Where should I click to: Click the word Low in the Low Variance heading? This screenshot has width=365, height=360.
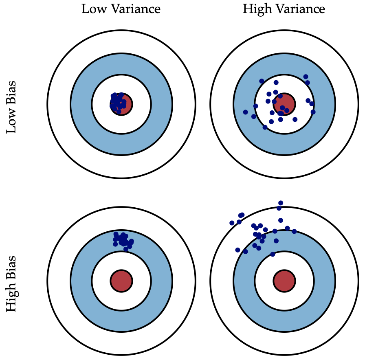coord(92,9)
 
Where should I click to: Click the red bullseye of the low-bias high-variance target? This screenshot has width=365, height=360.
coord(284,104)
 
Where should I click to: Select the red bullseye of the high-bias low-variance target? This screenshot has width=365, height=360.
coord(121,281)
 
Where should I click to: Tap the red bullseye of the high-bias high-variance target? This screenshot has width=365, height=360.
coord(284,281)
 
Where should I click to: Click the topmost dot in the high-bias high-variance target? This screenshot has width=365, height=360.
coord(280,203)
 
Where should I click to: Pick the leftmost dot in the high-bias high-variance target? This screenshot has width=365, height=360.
coord(232,223)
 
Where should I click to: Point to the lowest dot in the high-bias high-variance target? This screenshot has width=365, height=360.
coord(273,254)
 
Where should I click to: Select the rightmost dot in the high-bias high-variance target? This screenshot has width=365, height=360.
coord(294,231)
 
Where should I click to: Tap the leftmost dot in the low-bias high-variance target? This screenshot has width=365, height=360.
coord(245,112)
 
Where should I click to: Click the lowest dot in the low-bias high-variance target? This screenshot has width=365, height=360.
coord(265,127)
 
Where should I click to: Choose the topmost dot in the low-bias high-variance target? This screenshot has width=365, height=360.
coord(306,77)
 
